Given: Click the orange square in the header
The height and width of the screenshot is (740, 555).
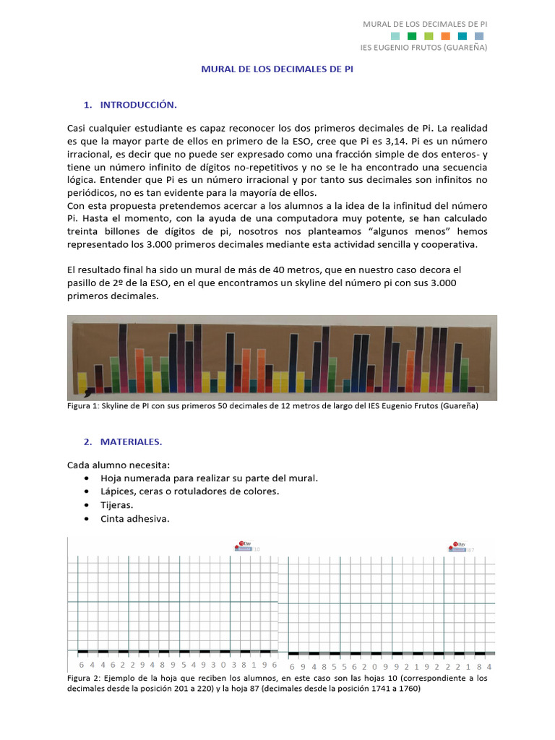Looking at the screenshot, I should (445, 35).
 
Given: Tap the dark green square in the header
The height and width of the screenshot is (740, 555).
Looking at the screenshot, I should (412, 35).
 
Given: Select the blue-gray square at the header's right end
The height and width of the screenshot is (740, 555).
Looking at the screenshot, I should (479, 35).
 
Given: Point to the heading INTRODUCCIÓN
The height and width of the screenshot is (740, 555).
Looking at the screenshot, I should (138, 105).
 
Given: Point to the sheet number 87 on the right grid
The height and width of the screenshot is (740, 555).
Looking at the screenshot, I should (470, 550).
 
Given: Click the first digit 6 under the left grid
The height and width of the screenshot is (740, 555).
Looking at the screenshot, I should (82, 664).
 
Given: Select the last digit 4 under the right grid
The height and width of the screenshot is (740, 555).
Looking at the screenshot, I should (490, 666).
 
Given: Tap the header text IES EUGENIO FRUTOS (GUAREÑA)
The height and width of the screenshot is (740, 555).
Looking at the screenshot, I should (423, 48).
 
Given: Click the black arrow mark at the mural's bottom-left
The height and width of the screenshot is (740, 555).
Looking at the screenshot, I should (87, 392).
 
